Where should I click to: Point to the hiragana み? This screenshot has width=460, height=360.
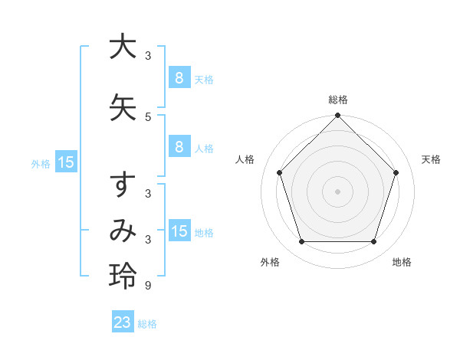coord(122,231)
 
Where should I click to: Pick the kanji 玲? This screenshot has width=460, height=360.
coord(122,276)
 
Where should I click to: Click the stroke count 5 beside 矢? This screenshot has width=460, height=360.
coord(148,117)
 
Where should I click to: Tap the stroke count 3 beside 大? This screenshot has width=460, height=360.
coord(148,57)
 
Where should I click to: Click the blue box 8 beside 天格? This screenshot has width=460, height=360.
coord(179,77)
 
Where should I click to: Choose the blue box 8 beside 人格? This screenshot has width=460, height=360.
coord(179,147)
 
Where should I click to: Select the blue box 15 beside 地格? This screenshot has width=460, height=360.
coord(179,231)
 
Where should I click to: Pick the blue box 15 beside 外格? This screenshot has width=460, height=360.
coord(66,162)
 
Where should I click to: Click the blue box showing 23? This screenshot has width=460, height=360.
coord(123,322)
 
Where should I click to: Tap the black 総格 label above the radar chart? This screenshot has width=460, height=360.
coord(337,100)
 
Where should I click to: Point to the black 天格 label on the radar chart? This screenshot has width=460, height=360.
coord(431,159)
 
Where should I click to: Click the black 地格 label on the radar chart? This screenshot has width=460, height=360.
coord(402,262)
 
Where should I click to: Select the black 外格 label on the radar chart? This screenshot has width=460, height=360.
coord(270,262)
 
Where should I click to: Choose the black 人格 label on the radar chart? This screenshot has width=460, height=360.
coord(245,159)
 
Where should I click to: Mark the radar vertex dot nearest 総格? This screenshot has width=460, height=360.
coord(337,116)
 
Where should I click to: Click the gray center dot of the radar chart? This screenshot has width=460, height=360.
coord(337,191)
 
